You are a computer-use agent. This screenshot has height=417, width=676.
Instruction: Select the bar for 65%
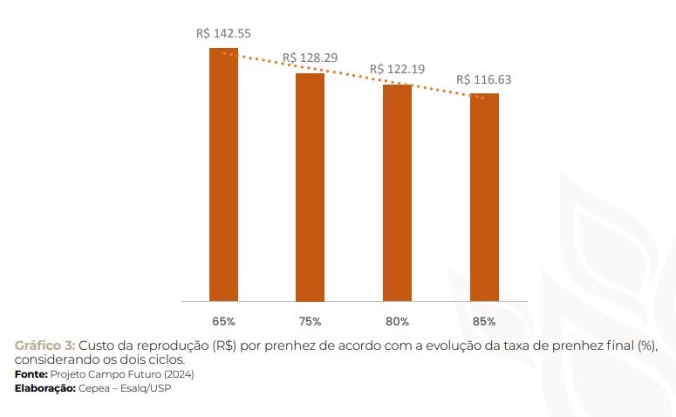point(223,174)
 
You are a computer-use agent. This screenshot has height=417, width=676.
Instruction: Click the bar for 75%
point(310,187)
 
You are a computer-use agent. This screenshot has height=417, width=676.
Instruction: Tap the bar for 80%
point(397,192)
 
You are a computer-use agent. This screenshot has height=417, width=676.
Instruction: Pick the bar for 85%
point(484,196)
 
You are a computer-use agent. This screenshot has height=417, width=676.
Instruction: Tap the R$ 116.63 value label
point(484,79)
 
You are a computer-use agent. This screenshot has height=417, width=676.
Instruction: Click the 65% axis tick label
point(223,321)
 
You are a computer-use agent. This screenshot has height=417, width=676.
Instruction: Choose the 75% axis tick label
point(310,321)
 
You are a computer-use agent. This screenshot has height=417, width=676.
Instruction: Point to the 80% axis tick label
point(397,321)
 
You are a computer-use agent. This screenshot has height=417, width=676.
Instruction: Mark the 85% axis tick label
point(484,321)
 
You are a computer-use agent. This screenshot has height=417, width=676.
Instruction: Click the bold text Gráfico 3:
point(44,345)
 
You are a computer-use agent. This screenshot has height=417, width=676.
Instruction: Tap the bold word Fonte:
point(31,373)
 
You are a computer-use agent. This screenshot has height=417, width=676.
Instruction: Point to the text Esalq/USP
point(147,387)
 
